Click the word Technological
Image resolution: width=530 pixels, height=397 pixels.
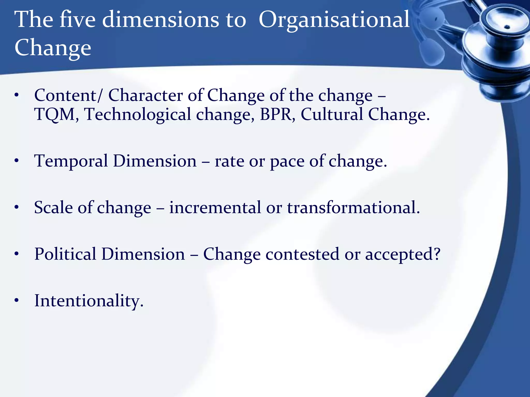coord(138,114)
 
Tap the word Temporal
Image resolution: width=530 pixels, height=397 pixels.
coord(71,162)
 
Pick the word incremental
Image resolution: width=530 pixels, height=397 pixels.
coord(215,208)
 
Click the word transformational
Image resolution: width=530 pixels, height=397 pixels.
coord(352,208)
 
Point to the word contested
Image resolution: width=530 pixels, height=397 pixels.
coord(302,255)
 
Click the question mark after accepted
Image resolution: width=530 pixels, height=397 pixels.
coord(437,254)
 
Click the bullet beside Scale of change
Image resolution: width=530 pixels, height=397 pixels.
coord(17,207)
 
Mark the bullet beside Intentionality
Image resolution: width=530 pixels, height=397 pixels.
coord(17,300)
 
